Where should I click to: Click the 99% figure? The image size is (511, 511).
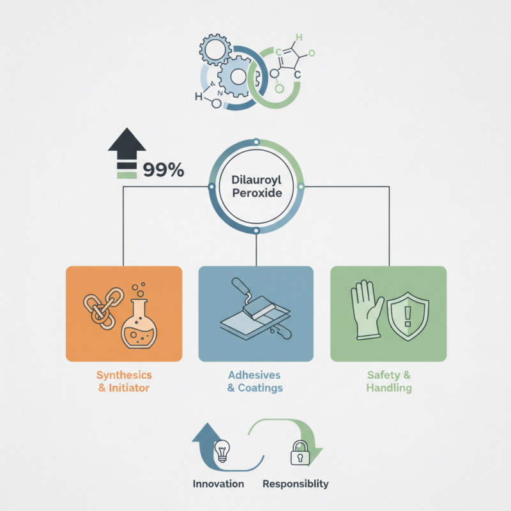click(x=164, y=170)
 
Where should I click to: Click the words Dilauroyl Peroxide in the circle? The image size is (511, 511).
click(x=257, y=187)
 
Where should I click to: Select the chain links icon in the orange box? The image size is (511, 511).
click(x=103, y=309)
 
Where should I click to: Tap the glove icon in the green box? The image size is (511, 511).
click(x=367, y=310)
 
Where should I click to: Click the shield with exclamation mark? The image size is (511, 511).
click(x=408, y=316)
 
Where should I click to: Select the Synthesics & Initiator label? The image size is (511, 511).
click(x=124, y=381)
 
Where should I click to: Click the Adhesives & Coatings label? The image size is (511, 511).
click(x=255, y=381)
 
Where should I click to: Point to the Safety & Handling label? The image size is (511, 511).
click(x=389, y=381)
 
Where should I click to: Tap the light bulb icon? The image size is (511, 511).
click(x=222, y=451)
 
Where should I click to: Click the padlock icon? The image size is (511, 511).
click(x=300, y=453)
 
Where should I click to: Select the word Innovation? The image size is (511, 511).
click(x=218, y=484)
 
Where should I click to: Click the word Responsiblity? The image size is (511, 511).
click(x=296, y=484)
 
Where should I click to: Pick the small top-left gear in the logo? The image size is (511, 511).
click(x=215, y=50)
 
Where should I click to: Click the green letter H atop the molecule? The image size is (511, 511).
click(x=299, y=38)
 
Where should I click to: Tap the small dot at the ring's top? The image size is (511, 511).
click(x=257, y=142)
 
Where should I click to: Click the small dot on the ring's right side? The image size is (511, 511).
click(x=301, y=187)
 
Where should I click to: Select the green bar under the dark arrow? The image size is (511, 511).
click(x=126, y=175)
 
